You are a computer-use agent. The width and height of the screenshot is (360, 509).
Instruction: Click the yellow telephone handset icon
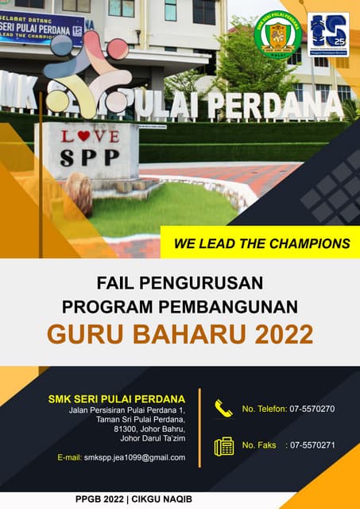tap(223, 409)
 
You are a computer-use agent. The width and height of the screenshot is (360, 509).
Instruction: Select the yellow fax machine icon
tap(223, 445)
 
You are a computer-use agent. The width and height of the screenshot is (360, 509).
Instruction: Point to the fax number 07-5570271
tap(312, 445)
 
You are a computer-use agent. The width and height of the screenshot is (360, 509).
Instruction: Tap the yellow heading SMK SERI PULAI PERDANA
tap(117, 398)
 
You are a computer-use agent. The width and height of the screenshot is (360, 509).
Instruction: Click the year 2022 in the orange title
tap(284, 334)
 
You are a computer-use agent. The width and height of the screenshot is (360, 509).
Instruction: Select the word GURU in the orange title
tap(83, 334)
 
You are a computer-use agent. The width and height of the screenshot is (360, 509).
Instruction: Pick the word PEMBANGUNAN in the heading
tap(239, 306)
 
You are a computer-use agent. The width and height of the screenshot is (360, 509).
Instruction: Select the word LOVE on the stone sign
tap(90, 136)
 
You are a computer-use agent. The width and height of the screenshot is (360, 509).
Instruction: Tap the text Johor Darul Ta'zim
tap(152, 438)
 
